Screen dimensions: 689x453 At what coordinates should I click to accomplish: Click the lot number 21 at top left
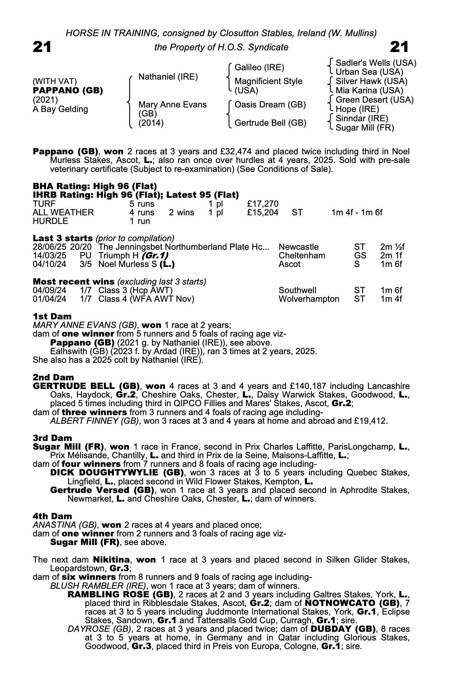[x=42, y=47]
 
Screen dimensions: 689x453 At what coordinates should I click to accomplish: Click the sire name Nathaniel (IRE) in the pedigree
[x=168, y=77]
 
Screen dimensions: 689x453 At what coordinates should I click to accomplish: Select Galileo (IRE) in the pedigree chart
[x=259, y=68]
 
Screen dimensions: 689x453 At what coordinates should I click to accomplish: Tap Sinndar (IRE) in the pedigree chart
[x=362, y=119]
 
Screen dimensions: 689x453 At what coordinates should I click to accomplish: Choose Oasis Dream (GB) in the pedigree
[x=270, y=105]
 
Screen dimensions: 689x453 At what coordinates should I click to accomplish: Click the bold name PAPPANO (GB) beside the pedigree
[x=68, y=91]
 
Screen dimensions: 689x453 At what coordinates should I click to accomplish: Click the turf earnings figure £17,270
[x=263, y=204]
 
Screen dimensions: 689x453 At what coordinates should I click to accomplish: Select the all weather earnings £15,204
[x=263, y=213]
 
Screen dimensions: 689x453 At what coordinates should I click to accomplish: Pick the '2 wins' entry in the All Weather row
[x=182, y=213]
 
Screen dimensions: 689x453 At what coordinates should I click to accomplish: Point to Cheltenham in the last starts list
[x=302, y=256]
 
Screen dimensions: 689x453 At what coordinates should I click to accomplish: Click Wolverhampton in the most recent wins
[x=309, y=299]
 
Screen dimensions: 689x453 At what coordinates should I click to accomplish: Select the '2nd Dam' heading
[x=53, y=378]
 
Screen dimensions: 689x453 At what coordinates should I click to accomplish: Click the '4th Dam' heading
[x=52, y=516]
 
